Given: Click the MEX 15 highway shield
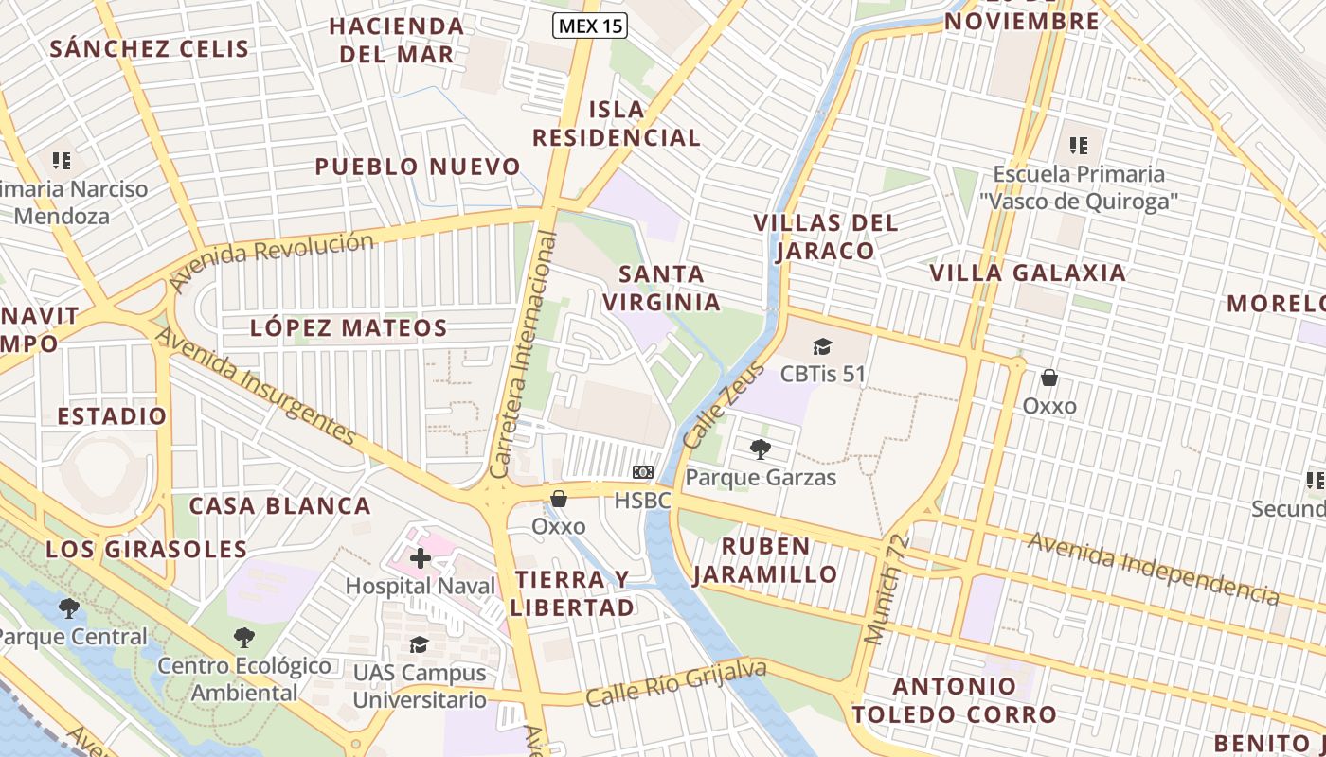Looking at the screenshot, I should pyautogui.click(x=589, y=26).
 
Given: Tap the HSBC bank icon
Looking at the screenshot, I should pyautogui.click(x=643, y=472).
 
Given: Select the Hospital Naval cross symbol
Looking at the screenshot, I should pyautogui.click(x=421, y=558).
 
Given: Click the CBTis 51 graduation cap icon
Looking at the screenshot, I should pyautogui.click(x=822, y=346).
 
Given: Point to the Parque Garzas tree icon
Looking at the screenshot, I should pyautogui.click(x=760, y=449).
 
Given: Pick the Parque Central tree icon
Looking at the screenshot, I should pyautogui.click(x=68, y=608).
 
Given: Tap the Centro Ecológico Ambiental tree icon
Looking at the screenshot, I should pyautogui.click(x=244, y=638).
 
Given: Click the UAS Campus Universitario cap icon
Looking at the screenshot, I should pyautogui.click(x=419, y=645).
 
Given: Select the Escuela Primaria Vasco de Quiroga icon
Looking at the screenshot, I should pyautogui.click(x=1079, y=146).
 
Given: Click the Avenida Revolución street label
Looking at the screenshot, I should pyautogui.click(x=271, y=259).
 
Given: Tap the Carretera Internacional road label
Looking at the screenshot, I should pyautogui.click(x=524, y=355).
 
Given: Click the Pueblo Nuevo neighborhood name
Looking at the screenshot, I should pyautogui.click(x=418, y=167).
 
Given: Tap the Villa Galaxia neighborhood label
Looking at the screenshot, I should pyautogui.click(x=1028, y=273).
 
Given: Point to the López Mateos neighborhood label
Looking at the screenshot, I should pyautogui.click(x=349, y=328).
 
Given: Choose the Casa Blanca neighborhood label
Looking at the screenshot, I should pyautogui.click(x=280, y=505).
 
